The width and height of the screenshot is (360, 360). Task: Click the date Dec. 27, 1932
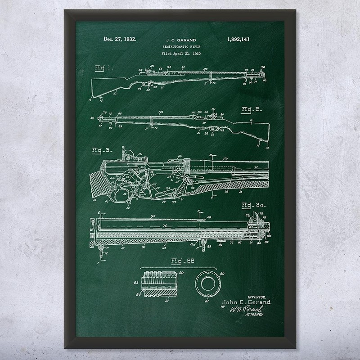click(117, 39)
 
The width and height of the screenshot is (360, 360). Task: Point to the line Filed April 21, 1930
click(180, 54)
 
